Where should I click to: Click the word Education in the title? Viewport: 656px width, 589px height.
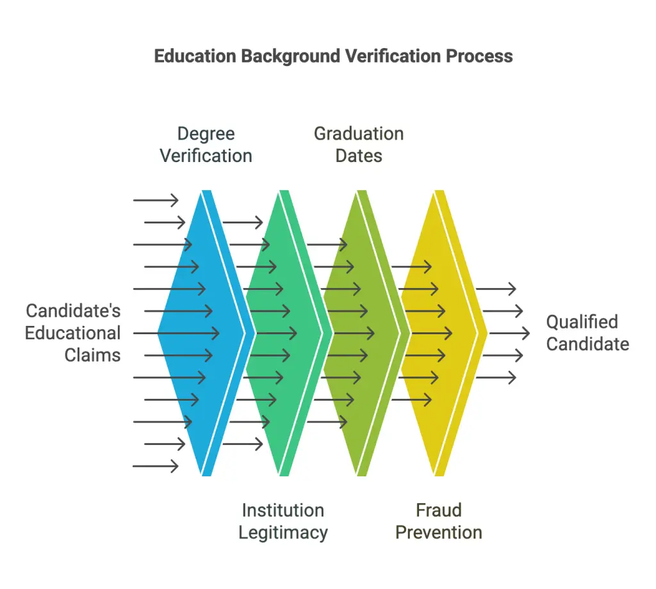195,56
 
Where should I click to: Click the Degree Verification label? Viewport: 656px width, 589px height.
206,145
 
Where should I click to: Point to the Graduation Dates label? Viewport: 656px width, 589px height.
359,145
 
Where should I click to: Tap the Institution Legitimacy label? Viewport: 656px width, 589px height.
283,521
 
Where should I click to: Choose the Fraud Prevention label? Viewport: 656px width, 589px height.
439,521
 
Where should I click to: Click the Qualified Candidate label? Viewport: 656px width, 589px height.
588,333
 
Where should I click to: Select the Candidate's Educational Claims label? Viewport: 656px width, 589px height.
73,333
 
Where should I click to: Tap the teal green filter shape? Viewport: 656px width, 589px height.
284,333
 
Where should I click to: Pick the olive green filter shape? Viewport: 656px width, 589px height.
363,333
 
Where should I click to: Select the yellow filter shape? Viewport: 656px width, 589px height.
440,333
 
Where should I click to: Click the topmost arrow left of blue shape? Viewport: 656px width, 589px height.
156,200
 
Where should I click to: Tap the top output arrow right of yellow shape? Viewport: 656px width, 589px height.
496,289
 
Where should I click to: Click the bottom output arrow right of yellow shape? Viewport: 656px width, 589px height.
496,378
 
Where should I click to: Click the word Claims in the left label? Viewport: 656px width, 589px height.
92,355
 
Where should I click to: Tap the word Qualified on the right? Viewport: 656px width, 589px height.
582,322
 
